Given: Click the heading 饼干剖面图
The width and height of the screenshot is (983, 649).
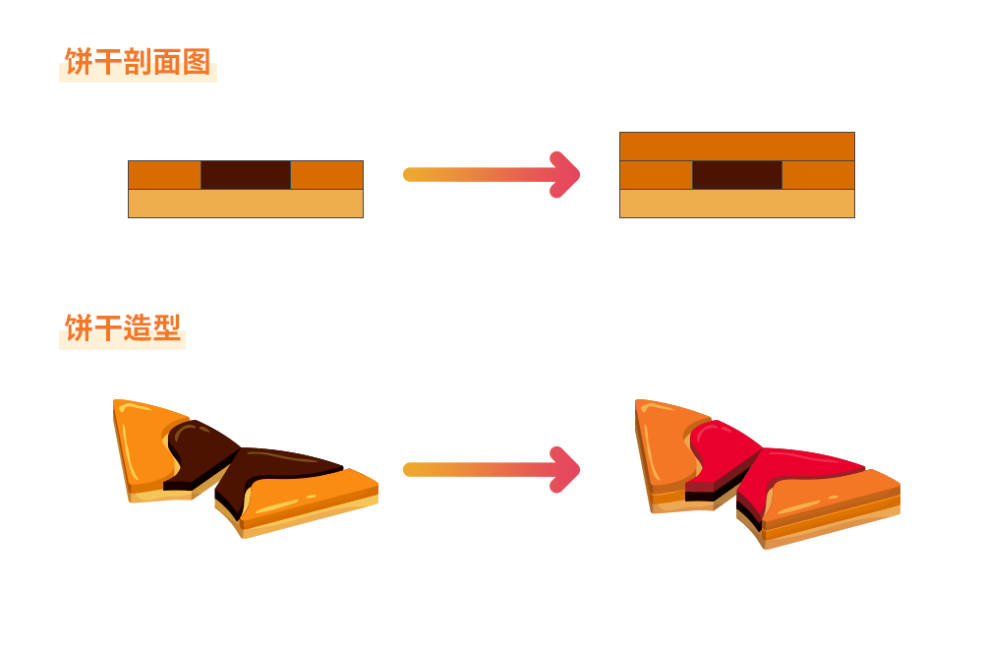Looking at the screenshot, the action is (138, 62).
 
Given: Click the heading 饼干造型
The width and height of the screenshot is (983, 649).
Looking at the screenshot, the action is (123, 328).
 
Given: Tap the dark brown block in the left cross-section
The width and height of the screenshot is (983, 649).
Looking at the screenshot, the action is (246, 175).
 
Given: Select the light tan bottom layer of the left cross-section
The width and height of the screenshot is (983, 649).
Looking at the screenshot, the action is (246, 204).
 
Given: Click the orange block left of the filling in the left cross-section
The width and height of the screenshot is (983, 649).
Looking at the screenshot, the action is (164, 175).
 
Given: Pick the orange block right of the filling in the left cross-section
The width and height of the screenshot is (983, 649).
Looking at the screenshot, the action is (327, 175).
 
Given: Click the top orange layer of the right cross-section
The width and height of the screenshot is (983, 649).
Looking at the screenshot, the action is (737, 147).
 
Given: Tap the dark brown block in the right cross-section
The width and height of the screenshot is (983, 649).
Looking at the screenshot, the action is (737, 175).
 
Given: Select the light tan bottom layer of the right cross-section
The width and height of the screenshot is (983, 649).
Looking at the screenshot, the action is (737, 204).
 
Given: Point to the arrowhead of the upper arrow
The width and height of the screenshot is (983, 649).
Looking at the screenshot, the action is (566, 175).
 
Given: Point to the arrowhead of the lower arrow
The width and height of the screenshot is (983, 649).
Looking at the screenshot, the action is (566, 470).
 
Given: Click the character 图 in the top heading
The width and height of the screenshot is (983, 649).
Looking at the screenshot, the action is (197, 62).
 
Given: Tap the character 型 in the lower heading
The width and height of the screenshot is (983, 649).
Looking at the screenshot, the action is (167, 328).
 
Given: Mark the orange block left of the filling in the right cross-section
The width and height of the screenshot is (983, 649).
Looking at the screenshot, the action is (656, 175).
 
